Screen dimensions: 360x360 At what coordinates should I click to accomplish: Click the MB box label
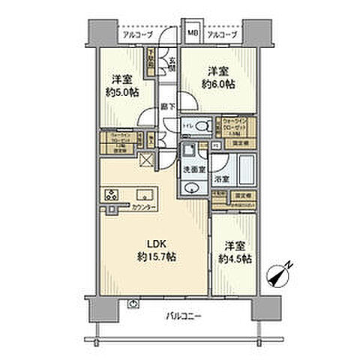(x=192, y=33)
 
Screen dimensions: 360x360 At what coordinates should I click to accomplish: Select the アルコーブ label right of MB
(x=222, y=34)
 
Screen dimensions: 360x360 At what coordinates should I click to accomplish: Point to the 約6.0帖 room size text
(x=218, y=84)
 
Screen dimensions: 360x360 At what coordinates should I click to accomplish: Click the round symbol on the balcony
(x=133, y=304)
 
